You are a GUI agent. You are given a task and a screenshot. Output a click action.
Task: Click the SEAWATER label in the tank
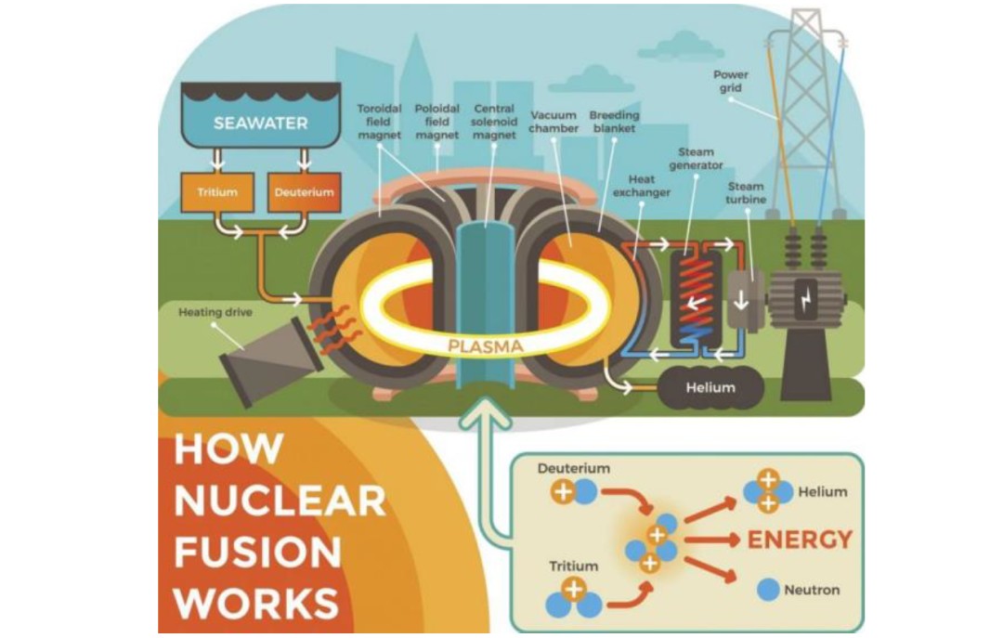[247, 123]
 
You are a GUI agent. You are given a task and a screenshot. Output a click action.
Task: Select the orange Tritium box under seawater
[216, 192]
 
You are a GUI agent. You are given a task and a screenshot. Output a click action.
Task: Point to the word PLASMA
[486, 346]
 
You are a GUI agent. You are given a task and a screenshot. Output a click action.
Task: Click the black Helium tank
[710, 387]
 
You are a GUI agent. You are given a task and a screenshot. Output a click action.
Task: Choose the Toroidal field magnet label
[379, 122]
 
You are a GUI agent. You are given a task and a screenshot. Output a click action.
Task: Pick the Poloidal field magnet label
[436, 122]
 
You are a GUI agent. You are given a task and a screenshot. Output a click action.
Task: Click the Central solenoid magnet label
[494, 122]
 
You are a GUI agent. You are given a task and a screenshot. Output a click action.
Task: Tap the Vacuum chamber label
[554, 122]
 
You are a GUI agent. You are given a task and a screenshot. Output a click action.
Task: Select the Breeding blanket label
[614, 122]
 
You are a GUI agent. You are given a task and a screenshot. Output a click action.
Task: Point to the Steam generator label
[701, 158]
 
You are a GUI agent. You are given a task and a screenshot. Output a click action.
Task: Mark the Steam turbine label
[746, 193]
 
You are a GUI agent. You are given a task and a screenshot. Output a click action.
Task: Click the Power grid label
[731, 81]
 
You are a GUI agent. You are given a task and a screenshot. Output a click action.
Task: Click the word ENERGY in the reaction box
[800, 540]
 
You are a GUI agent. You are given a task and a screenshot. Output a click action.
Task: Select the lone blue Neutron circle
[768, 589]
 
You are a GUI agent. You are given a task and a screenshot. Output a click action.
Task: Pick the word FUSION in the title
[257, 553]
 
